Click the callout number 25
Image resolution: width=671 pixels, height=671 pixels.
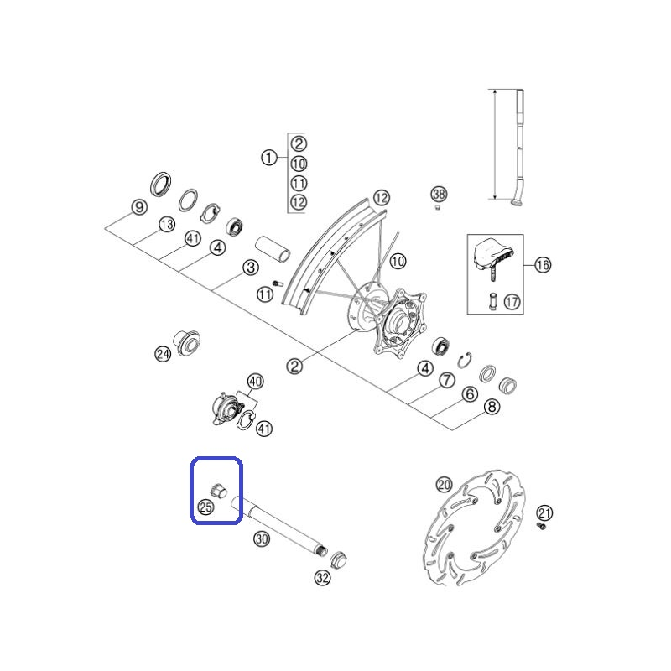205,507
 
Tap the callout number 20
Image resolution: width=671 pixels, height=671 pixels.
444,485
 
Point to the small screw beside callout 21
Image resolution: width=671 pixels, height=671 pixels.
541,526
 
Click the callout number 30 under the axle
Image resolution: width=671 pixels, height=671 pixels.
262,538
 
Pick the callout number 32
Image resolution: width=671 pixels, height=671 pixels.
322,578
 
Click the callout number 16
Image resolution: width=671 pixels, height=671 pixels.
543,265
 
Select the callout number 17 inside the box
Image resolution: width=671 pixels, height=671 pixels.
512,302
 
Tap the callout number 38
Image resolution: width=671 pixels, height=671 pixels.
439,195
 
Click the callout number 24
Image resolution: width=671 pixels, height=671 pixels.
163,354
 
